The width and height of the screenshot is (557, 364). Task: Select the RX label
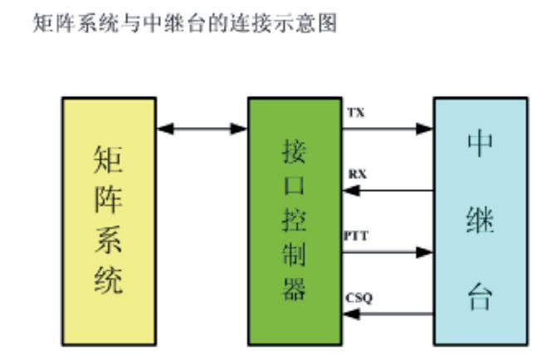(x=358, y=174)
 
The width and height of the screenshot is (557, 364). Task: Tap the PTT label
(x=356, y=235)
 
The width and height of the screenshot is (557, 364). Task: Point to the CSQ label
(x=359, y=297)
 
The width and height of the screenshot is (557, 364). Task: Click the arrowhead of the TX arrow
(x=426, y=129)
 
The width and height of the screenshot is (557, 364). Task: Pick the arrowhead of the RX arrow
(x=349, y=191)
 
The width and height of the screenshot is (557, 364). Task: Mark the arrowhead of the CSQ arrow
(x=349, y=313)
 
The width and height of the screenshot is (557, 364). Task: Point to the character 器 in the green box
(x=295, y=289)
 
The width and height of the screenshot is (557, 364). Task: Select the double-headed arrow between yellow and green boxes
(x=202, y=129)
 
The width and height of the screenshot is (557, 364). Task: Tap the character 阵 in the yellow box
(x=109, y=200)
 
